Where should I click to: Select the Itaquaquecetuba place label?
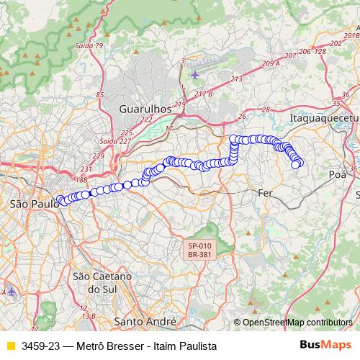(323, 117)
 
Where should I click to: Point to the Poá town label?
(337, 174)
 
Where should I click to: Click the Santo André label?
(146, 321)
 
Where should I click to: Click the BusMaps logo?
(325, 346)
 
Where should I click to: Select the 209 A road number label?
(271, 64)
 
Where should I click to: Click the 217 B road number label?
(204, 94)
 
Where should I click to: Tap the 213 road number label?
(237, 79)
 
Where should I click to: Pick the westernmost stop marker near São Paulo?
(59, 200)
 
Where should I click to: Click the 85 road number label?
(99, 95)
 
